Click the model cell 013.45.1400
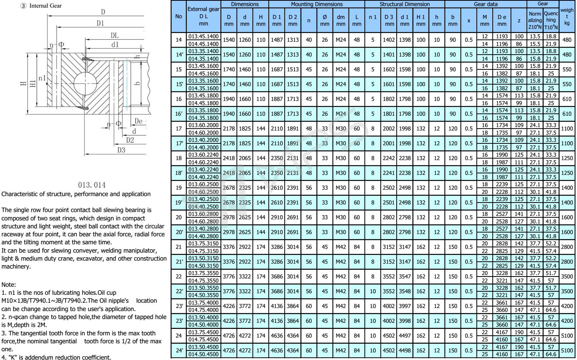coord(203,36)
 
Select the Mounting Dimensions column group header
coord(317,4)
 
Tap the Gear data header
coord(486,4)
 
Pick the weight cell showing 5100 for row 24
coord(566,335)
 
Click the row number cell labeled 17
coord(179,129)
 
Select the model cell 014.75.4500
coord(203,339)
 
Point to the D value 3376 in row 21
coord(229,247)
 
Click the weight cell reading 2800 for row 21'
coord(566,262)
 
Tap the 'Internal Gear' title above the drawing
coord(45,6)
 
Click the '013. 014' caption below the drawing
coord(91,185)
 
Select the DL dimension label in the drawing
coord(114,35)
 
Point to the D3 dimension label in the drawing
coord(121,150)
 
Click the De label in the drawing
coord(139,121)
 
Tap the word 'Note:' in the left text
coord(8,285)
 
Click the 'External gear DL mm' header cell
coord(203,16)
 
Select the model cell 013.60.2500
coord(203,184)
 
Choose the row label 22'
coord(179,291)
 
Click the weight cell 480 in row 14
coord(566,40)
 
